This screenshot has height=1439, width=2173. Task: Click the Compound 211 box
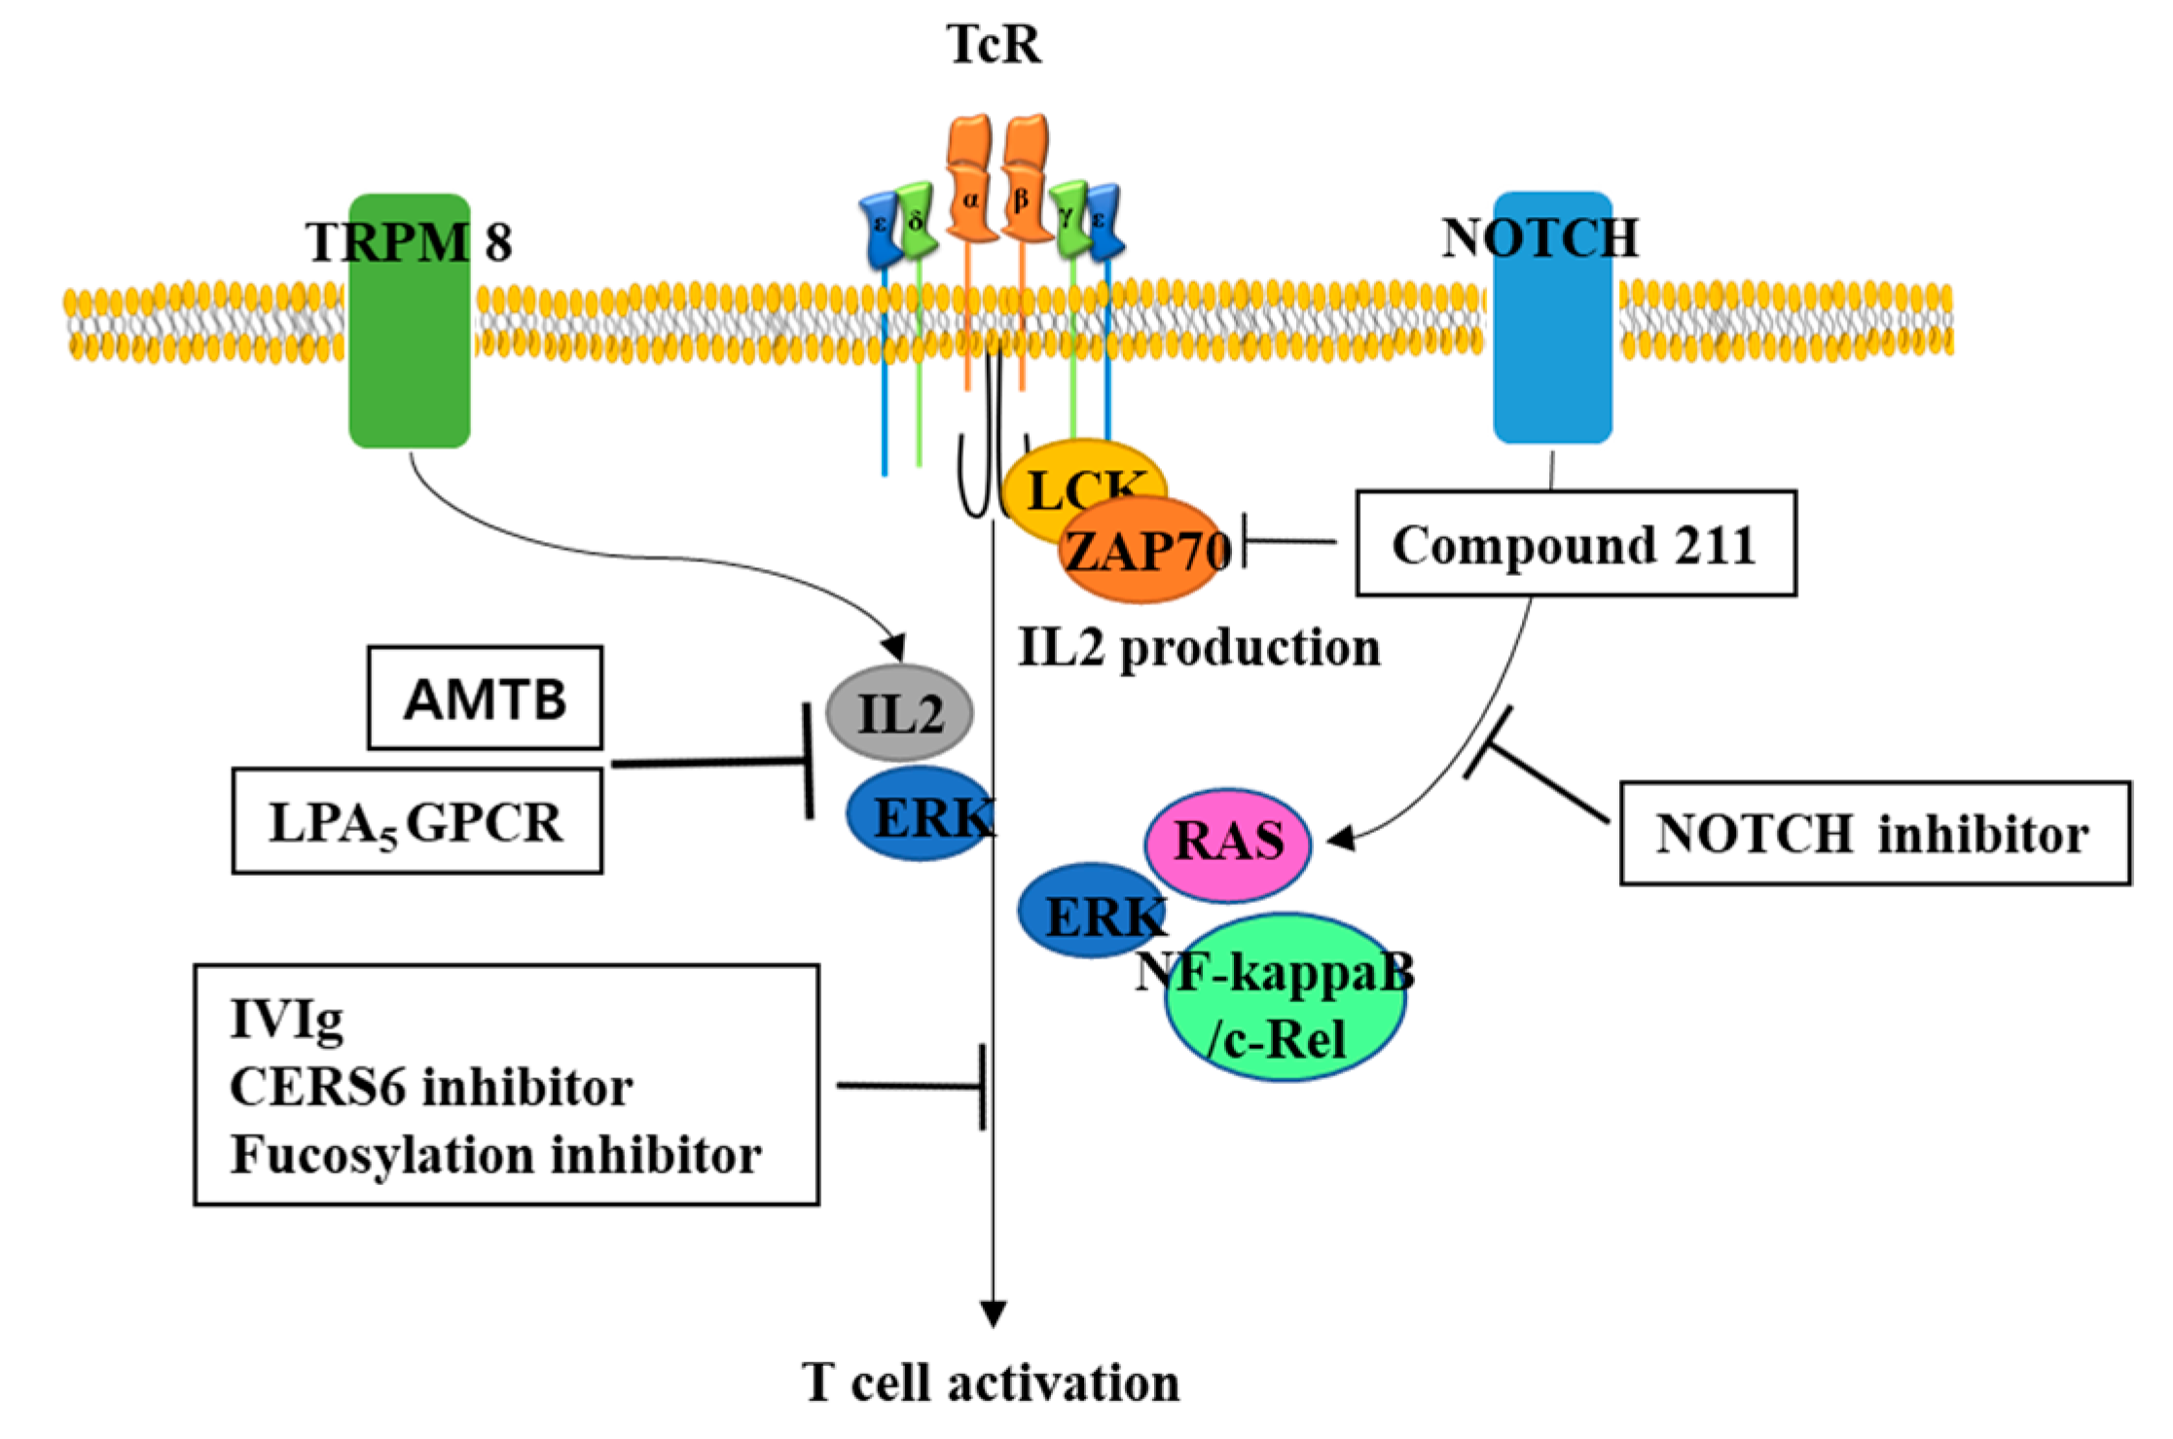click(x=1575, y=544)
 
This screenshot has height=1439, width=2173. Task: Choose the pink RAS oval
click(x=1228, y=842)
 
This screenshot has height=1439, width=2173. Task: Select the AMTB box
click(x=485, y=699)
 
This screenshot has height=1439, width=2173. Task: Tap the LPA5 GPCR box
click(x=416, y=822)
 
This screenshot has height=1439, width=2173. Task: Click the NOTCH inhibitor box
click(x=1874, y=834)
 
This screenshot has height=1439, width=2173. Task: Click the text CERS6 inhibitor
click(x=431, y=1087)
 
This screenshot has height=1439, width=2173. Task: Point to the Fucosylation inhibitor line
click(x=496, y=1155)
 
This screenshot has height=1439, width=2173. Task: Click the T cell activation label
click(x=991, y=1383)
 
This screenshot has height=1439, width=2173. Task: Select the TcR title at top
click(x=994, y=44)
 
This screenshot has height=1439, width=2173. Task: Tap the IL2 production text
click(x=1199, y=647)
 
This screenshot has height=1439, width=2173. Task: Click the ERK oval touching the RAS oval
click(x=1085, y=910)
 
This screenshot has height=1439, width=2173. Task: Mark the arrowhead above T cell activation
click(x=993, y=1313)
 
